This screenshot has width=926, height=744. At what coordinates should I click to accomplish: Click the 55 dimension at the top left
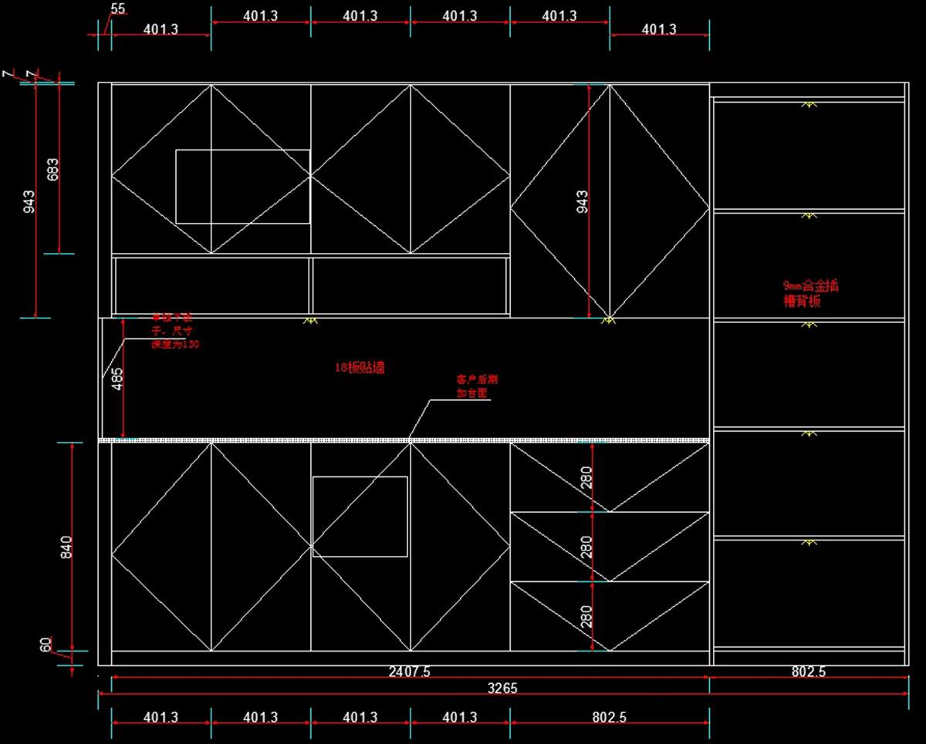click(x=118, y=8)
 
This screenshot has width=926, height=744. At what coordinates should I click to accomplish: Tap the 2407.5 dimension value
click(x=410, y=672)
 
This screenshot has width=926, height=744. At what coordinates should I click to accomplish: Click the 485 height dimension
click(x=117, y=379)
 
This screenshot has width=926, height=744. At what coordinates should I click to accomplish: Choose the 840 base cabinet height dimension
click(x=66, y=546)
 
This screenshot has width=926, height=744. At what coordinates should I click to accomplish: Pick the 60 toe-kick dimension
click(x=46, y=645)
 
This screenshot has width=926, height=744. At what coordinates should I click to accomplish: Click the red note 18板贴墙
click(x=360, y=369)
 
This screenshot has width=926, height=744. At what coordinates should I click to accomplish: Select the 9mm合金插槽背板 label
click(x=810, y=294)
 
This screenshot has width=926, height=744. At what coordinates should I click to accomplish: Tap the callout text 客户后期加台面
click(x=472, y=386)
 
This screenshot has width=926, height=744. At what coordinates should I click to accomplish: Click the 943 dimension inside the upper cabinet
click(x=582, y=202)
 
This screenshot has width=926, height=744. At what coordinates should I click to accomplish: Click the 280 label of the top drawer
click(x=586, y=477)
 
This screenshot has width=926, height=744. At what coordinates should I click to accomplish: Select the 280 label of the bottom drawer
click(x=586, y=617)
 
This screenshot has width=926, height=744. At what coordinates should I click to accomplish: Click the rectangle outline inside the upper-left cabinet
click(x=243, y=187)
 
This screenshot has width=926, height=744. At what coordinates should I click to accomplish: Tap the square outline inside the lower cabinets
click(x=360, y=517)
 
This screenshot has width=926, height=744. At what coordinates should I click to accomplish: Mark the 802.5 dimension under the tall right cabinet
click(x=808, y=672)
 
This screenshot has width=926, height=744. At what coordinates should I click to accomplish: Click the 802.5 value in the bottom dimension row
click(x=609, y=717)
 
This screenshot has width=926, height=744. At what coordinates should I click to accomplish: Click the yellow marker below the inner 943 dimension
click(x=608, y=319)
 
